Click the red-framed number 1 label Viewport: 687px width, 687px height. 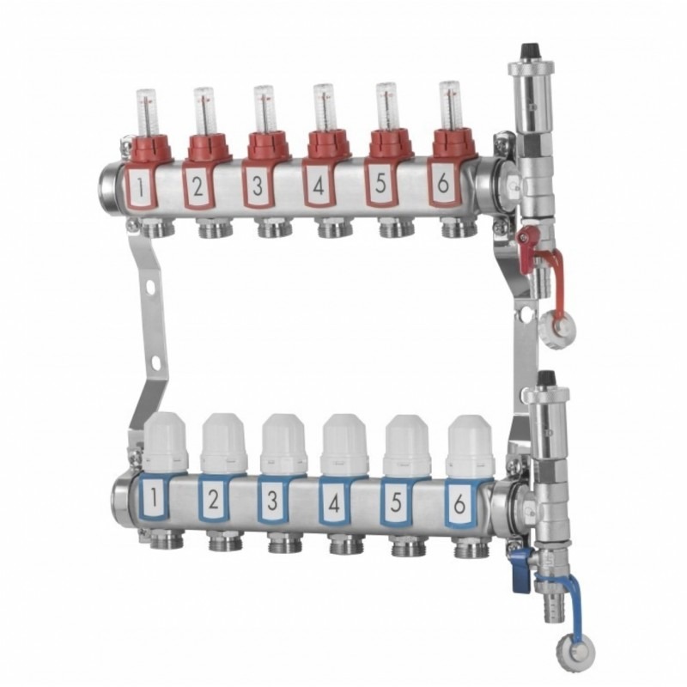pos(141,186)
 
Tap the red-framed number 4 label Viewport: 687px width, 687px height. pos(319,185)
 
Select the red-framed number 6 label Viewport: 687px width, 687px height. pos(443,185)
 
